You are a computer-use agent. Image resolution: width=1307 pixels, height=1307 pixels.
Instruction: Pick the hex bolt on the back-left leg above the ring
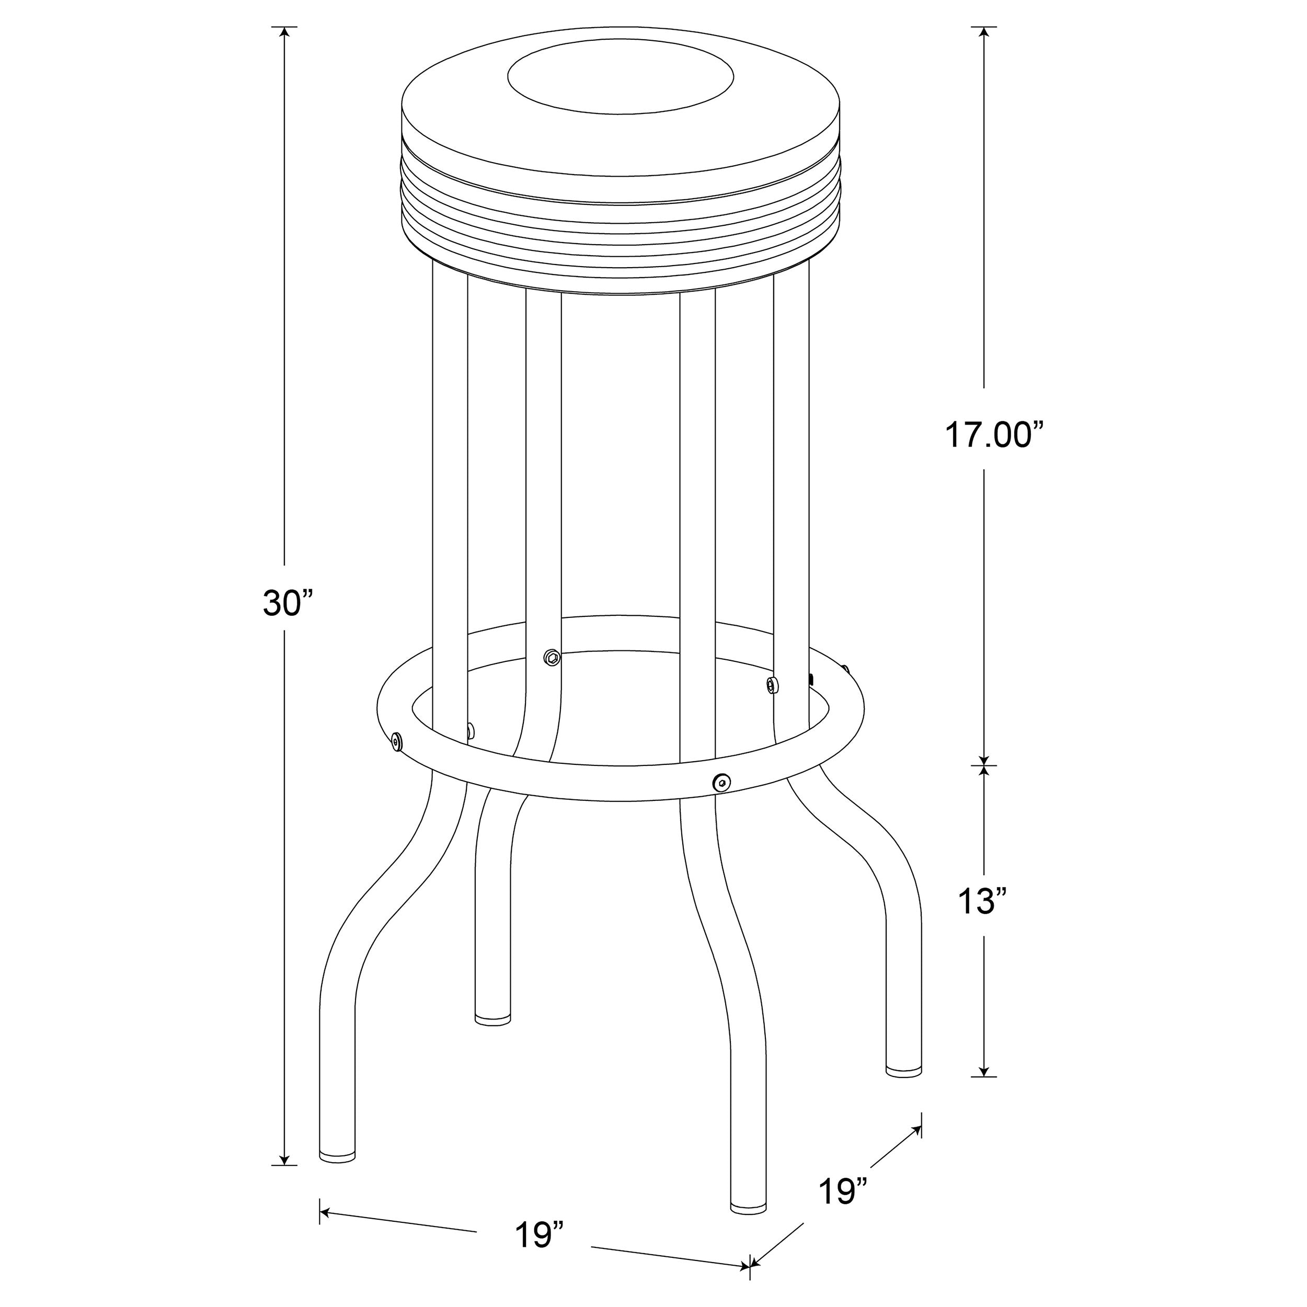pos(552,656)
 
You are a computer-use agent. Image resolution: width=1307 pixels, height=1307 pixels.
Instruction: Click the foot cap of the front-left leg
pos(337,1155)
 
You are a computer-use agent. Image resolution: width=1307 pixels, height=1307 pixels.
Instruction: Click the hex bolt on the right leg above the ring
pos(771,685)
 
